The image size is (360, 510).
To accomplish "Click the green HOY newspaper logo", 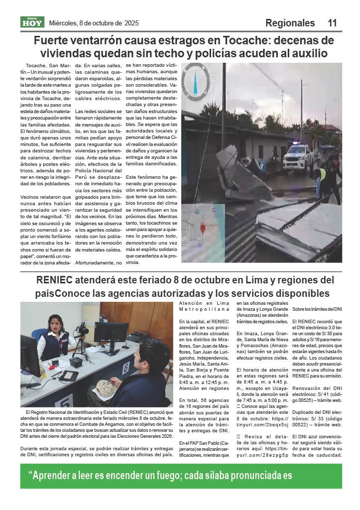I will [32, 22].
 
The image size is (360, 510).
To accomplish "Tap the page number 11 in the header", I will [332, 23].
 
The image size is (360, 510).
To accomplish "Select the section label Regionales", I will [290, 23].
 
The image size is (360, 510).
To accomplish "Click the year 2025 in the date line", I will [131, 23].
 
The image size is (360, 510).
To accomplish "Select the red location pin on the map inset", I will [203, 229].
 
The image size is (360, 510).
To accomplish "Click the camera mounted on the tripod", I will [82, 329].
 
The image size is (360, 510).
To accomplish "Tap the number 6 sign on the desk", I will [125, 368].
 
